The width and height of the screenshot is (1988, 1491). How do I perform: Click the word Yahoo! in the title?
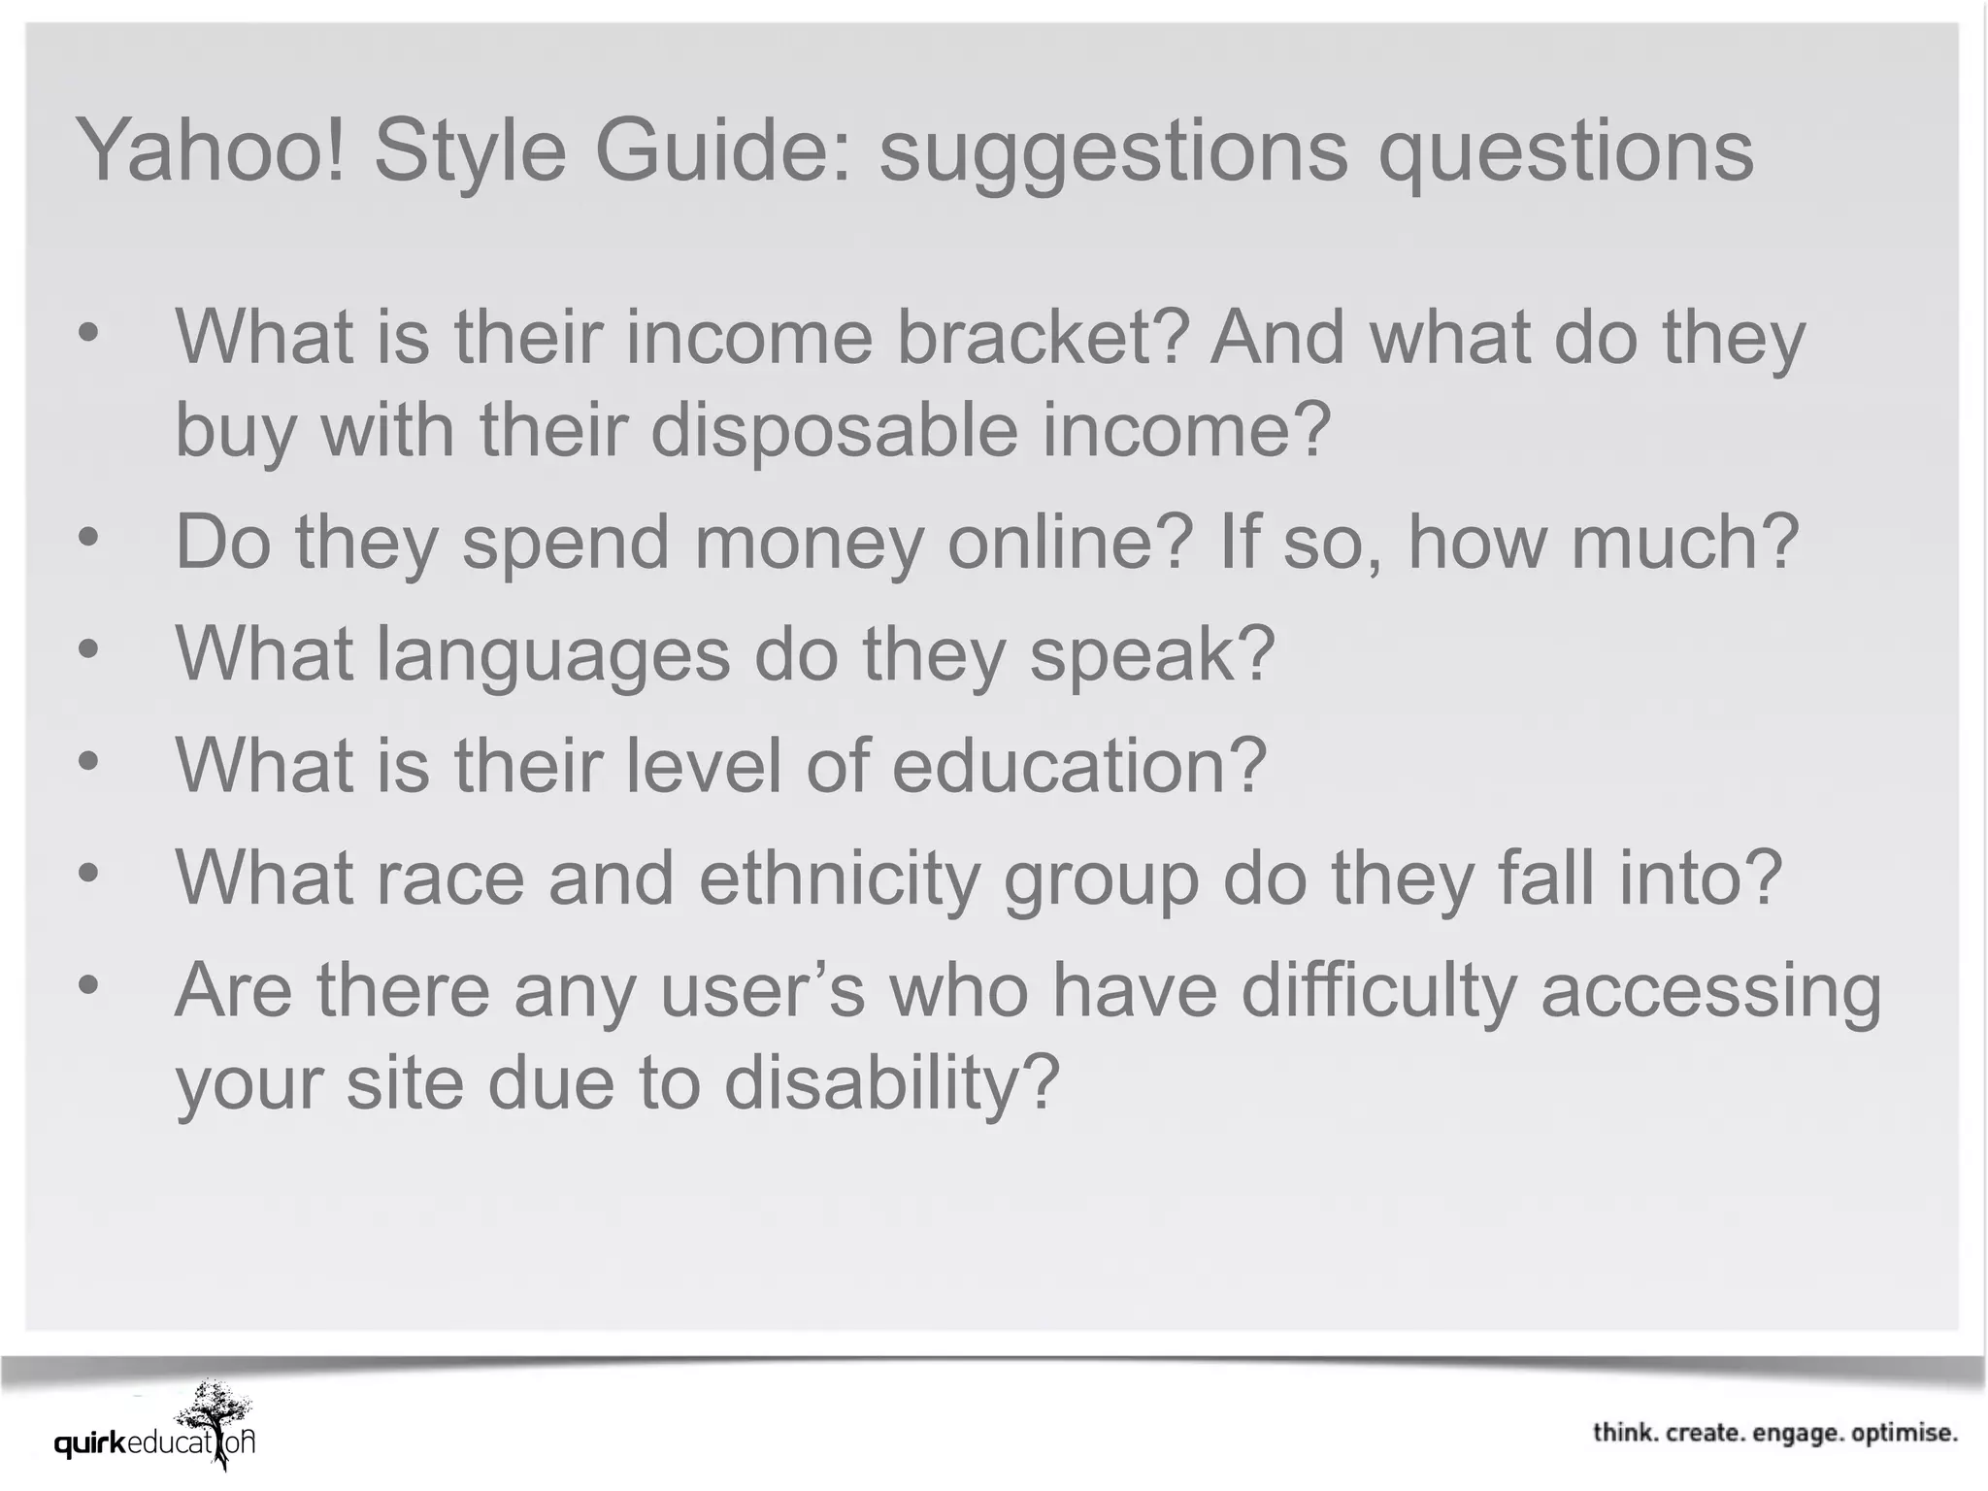point(211,150)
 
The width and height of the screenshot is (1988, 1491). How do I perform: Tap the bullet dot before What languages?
point(88,648)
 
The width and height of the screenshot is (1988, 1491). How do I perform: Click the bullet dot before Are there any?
point(88,984)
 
